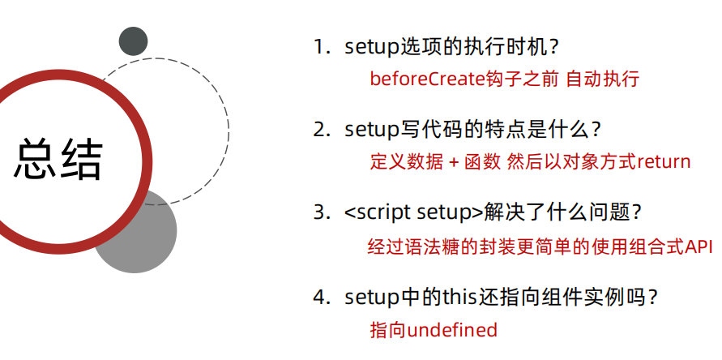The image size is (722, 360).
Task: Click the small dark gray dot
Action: (x=133, y=41)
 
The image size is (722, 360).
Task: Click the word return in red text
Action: (x=664, y=161)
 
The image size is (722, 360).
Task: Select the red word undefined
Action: (x=452, y=330)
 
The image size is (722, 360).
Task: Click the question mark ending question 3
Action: (x=636, y=213)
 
